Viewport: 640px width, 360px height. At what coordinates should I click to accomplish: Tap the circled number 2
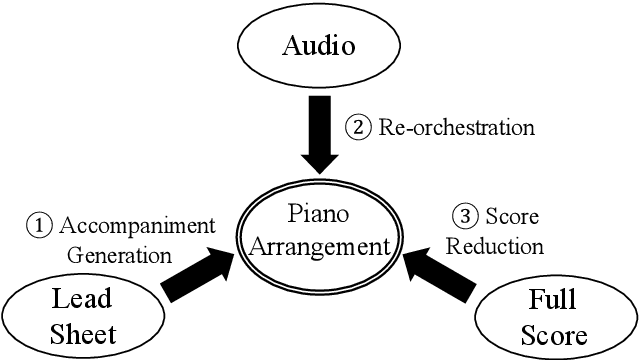point(358,128)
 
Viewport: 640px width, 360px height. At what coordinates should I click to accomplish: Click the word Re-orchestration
point(456,128)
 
